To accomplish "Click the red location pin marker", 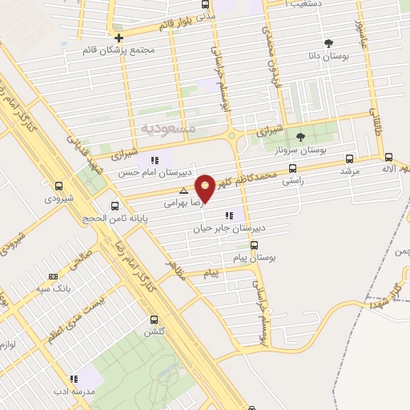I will (206, 187).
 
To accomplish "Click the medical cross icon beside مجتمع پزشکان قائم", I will (119, 37).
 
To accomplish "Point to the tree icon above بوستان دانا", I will (328, 42).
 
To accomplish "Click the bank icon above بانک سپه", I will (54, 275).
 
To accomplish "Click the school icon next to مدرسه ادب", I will (73, 378).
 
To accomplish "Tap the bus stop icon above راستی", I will (293, 169).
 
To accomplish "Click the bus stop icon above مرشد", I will (348, 159).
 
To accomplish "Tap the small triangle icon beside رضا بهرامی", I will (184, 191).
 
